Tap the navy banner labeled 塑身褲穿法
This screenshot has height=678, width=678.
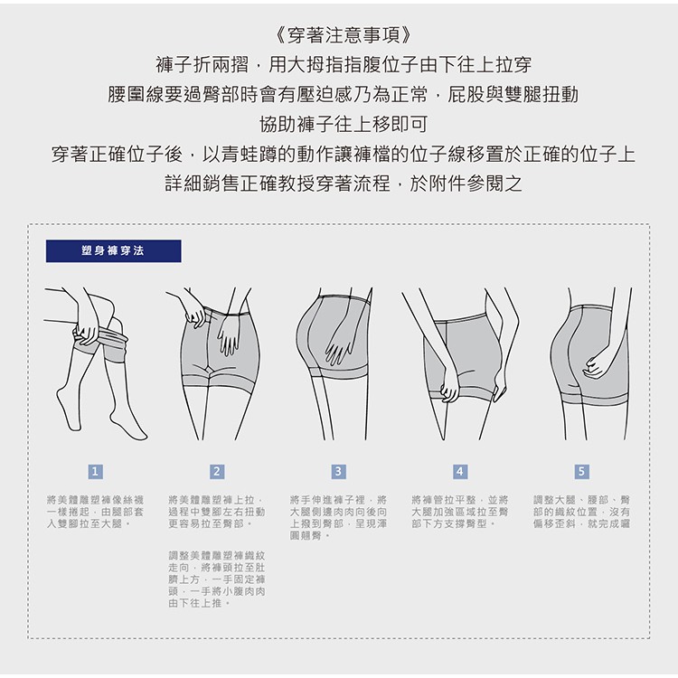click(x=113, y=250)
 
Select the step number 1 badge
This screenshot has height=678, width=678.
click(x=95, y=471)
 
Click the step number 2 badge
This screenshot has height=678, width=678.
click(x=217, y=471)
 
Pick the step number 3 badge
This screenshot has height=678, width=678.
click(x=338, y=471)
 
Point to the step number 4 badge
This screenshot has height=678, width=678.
click(x=459, y=471)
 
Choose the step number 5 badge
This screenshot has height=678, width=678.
click(x=581, y=471)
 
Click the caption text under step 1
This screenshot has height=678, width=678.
click(x=95, y=512)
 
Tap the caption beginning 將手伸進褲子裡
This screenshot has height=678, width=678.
click(x=338, y=518)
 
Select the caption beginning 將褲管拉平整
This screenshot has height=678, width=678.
click(x=459, y=512)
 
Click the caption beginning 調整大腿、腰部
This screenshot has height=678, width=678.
click(x=581, y=512)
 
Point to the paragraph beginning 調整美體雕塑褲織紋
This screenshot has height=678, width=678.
click(x=217, y=579)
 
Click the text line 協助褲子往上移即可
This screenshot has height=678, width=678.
click(x=344, y=125)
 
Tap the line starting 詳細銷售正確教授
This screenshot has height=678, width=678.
click(x=344, y=184)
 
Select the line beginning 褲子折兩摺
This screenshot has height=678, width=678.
click(x=344, y=65)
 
